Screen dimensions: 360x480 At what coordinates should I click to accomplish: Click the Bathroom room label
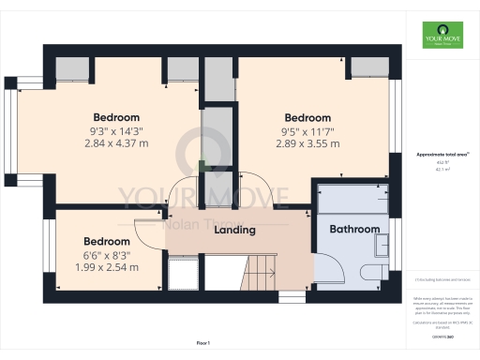coord(355,229)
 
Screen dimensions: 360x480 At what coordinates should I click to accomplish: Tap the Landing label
coord(235,230)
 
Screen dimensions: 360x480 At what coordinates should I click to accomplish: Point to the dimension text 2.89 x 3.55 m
coord(307,143)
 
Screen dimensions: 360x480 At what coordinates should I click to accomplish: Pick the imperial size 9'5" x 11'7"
coord(307,131)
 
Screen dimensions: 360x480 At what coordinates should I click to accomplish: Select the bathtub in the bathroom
coord(353,199)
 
